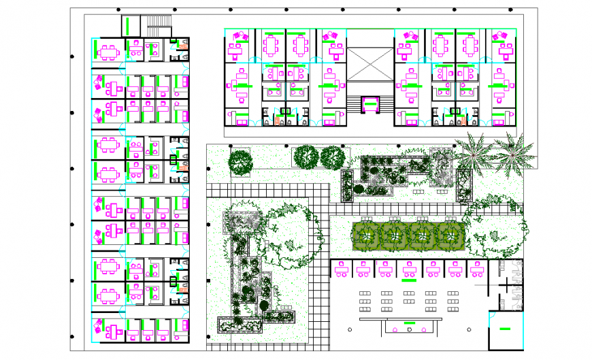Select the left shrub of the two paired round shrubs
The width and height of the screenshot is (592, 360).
[x=306, y=157]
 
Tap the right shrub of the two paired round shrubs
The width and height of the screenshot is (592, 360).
[x=333, y=157]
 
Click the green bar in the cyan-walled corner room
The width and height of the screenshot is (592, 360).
[x=505, y=329]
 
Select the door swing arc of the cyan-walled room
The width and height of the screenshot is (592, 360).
[x=491, y=316]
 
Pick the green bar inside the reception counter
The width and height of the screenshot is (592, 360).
[x=410, y=323]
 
